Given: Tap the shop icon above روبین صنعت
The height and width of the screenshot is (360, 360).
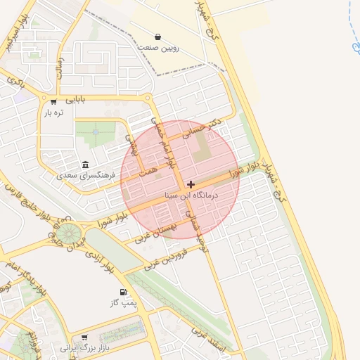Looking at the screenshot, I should point(157,37).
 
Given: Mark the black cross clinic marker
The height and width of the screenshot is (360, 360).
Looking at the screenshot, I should point(191,184).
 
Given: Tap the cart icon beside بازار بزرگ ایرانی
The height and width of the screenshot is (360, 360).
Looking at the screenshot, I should point(84,337).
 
